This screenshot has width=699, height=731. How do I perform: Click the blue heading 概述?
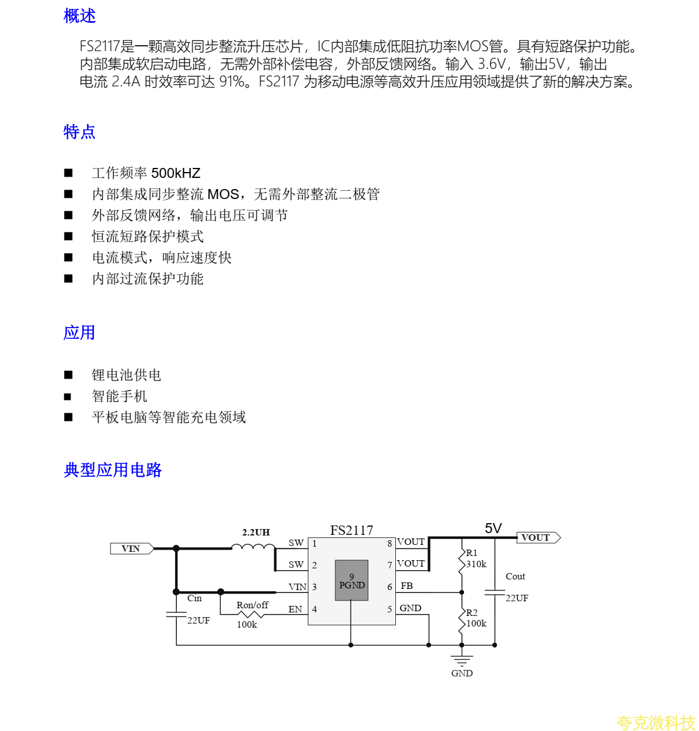79,16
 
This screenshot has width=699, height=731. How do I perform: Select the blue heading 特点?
79,132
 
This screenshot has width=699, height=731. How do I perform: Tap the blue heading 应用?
79,332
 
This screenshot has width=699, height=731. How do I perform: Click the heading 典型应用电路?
113,470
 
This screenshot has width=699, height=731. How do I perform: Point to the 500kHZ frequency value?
176,173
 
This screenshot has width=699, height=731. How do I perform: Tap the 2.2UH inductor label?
256,532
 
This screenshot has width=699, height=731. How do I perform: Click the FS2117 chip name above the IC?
351,530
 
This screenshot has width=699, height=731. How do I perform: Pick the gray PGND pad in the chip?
352,580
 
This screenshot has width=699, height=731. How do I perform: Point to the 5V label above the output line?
493,528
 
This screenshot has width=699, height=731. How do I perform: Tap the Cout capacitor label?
515,577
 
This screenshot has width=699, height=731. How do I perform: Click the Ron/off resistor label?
252,605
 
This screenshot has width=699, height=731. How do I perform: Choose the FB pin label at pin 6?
406,586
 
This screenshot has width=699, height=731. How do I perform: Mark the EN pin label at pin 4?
295,609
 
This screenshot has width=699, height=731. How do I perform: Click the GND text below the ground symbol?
462,673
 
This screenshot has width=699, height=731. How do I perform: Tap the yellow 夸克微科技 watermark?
656,722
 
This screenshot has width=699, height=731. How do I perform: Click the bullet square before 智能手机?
68,396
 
